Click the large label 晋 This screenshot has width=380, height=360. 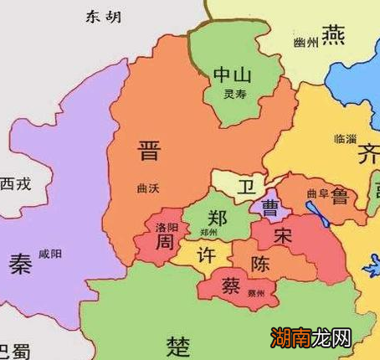click(150, 152)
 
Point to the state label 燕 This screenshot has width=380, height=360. click(333, 35)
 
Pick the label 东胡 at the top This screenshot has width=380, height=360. click(103, 16)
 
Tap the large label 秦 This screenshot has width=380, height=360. click(20, 264)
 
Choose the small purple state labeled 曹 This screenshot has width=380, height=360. click(270, 205)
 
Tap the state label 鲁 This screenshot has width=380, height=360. click(340, 196)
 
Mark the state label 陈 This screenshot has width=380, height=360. click(261, 265)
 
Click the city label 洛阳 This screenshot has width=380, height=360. click(167, 227)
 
